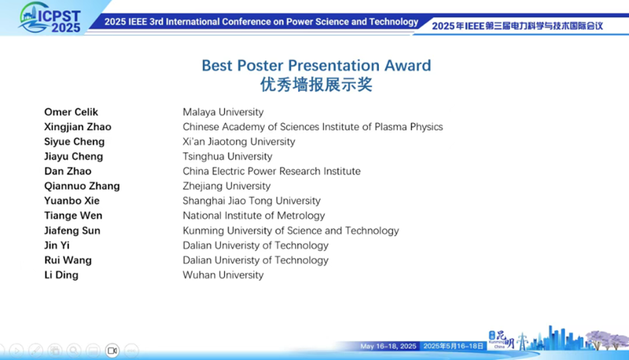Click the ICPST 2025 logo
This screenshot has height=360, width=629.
click(50, 18)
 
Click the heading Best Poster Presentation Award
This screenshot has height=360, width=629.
click(316, 65)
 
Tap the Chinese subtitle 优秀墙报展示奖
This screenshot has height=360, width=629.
click(316, 85)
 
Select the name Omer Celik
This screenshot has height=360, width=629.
click(71, 112)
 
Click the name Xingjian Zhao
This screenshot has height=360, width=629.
click(78, 127)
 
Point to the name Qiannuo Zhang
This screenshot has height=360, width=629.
click(82, 186)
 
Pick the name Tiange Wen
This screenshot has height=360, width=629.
click(73, 215)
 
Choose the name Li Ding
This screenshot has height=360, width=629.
click(61, 275)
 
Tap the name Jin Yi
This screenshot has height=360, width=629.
click(57, 245)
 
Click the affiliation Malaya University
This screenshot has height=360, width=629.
click(223, 112)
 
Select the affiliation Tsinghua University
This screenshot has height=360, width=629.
click(227, 156)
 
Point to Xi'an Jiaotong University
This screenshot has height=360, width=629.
click(239, 141)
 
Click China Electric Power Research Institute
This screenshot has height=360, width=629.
click(271, 171)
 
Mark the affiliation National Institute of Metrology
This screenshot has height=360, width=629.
click(253, 215)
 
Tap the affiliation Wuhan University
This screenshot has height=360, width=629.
click(223, 275)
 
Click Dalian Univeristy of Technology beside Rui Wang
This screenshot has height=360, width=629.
click(256, 260)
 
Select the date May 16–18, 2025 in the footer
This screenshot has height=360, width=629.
click(388, 346)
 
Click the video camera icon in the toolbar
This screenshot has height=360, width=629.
click(112, 351)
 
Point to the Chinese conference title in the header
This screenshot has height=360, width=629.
click(517, 26)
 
